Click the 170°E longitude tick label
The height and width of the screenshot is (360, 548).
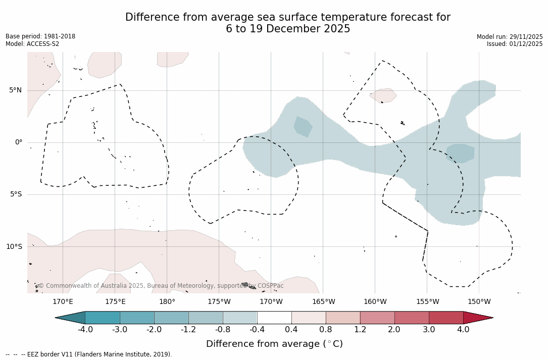63,302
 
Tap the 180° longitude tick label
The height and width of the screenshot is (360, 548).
167,302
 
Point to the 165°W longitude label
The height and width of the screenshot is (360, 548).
323,302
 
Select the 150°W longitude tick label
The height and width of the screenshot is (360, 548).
479,302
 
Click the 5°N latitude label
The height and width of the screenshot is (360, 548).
15,90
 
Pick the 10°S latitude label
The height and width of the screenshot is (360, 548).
14,247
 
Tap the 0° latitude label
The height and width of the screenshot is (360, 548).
18,142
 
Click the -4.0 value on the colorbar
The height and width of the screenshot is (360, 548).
85,330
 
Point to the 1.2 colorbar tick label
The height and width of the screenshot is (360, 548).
360,330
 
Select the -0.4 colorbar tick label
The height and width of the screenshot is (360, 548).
257,330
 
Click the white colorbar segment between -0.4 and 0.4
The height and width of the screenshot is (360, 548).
274,318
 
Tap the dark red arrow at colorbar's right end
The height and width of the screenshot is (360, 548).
477,318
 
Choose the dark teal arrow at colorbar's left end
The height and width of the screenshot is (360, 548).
71,318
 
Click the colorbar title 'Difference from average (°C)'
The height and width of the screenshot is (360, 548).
274,344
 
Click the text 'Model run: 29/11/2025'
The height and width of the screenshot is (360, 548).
510,37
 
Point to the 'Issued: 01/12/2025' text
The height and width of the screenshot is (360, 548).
515,44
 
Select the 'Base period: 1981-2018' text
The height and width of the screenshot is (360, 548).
40,36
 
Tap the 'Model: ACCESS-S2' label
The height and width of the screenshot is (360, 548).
32,44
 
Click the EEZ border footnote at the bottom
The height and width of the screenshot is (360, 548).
89,354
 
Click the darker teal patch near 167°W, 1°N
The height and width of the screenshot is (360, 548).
303,126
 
